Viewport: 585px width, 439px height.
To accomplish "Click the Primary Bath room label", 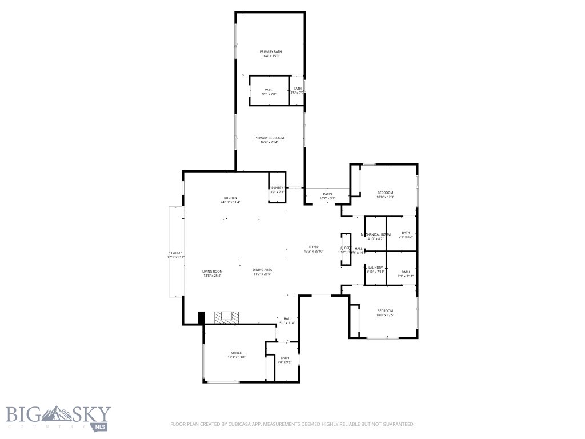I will point(271,52).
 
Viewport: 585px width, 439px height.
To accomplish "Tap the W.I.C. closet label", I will point(269,90).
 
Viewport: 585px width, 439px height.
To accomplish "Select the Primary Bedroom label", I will point(269,138).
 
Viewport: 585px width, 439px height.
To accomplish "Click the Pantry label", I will point(278,188).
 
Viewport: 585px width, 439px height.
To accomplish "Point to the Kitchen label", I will point(230,198).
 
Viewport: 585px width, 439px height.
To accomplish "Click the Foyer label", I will point(314,247).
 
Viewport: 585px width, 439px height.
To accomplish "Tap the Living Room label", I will point(212,271).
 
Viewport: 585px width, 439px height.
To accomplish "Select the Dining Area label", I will point(262,270).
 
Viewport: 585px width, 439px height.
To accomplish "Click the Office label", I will point(237,353).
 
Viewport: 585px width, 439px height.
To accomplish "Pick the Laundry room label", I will point(375,268).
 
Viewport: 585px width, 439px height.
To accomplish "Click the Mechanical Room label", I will point(375,234).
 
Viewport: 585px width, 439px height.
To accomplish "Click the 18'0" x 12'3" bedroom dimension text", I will point(385,197).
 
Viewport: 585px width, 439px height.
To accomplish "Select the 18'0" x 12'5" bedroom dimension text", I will point(385,315).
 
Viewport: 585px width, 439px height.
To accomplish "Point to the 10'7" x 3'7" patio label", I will point(327,198).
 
